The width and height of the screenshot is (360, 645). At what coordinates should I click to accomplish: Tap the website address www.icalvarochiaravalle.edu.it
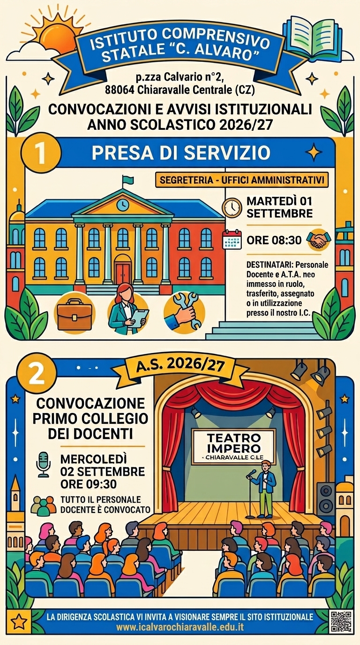coord(180,627)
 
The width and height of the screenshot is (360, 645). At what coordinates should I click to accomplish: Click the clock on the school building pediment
coord(123,205)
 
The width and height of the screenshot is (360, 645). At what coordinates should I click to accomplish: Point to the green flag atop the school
coord(128,180)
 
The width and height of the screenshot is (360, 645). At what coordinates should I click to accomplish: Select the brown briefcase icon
coord(75,314)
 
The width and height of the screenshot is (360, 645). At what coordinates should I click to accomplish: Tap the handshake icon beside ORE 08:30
coord(319,240)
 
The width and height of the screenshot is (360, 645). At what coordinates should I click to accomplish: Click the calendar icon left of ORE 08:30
coord(232,239)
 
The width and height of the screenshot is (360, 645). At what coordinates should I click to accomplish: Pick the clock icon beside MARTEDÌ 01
coord(232,208)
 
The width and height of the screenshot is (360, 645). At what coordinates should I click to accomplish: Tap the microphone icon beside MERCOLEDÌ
coord(43,464)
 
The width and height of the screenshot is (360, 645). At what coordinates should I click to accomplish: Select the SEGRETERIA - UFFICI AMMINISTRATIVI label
coord(242,180)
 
